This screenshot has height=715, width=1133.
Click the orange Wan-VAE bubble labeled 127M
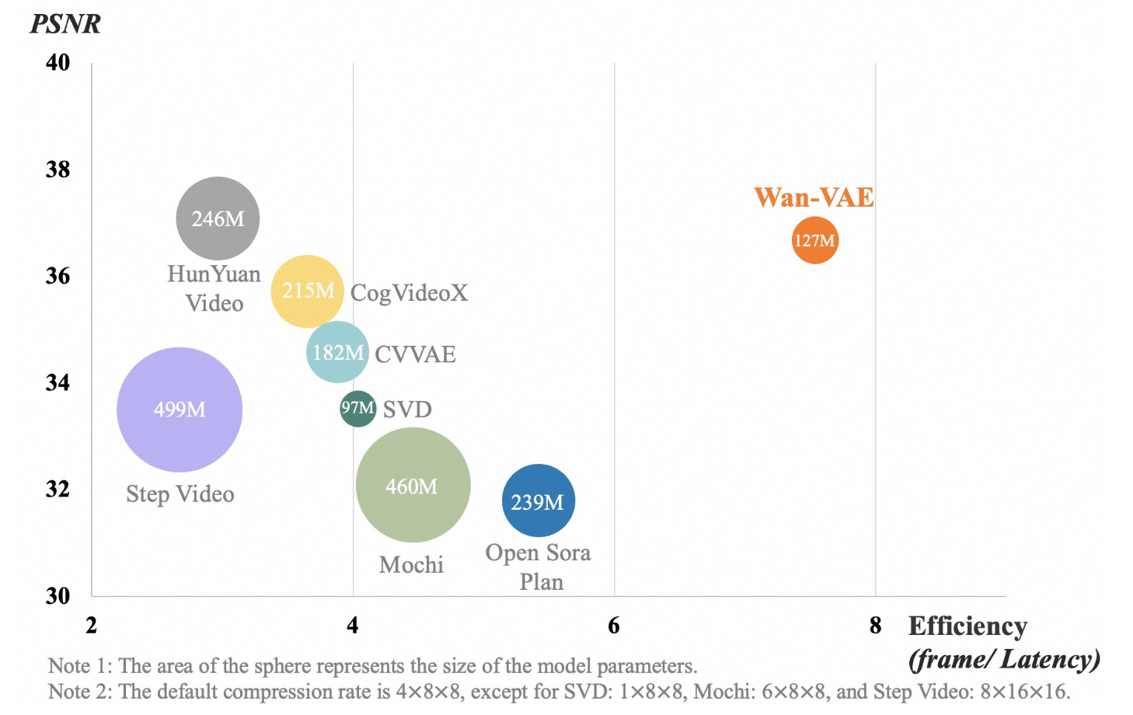[815, 240]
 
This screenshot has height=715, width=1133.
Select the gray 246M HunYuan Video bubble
[218, 218]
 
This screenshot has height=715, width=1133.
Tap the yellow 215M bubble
[307, 291]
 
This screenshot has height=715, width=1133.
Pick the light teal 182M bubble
[337, 352]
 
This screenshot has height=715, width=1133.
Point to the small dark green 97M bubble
[358, 408]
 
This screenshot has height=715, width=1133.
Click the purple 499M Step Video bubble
[180, 410]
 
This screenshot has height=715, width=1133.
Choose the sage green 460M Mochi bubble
[413, 485]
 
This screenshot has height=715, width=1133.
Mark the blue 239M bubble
[539, 500]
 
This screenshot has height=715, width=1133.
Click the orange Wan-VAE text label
[814, 197]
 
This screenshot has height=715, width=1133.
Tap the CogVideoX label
[410, 292]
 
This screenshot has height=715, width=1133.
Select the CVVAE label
[415, 354]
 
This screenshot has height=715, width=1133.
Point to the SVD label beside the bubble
[407, 409]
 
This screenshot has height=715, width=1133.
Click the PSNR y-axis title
[65, 23]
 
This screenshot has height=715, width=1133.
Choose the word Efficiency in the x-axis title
[967, 626]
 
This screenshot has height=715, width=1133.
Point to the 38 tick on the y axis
[58, 169]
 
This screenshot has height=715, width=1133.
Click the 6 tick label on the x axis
[614, 626]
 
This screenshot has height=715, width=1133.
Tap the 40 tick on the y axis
[58, 63]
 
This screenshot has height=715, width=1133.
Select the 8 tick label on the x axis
[876, 626]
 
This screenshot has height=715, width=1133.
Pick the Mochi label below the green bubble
[411, 565]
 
